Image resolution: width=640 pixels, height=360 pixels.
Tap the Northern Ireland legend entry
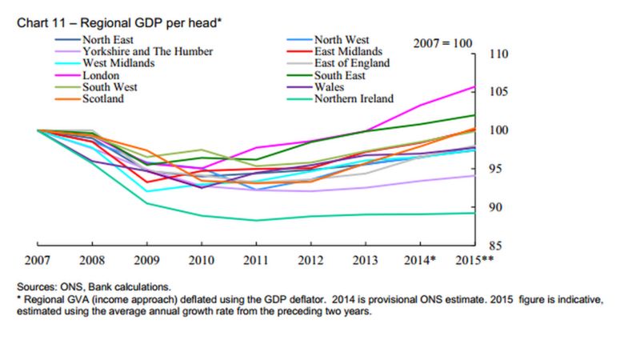(x=354, y=98)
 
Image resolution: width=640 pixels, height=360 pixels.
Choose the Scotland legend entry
(x=102, y=98)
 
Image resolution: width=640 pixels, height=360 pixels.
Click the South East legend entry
(x=340, y=75)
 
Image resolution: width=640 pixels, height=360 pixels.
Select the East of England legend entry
(x=351, y=63)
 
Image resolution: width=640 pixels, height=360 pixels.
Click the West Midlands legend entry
(x=118, y=63)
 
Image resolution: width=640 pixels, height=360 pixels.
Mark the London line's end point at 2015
(x=475, y=86)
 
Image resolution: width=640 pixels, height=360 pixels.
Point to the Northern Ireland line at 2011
(x=256, y=220)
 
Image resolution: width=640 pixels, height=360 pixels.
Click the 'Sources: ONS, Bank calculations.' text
(x=93, y=286)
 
